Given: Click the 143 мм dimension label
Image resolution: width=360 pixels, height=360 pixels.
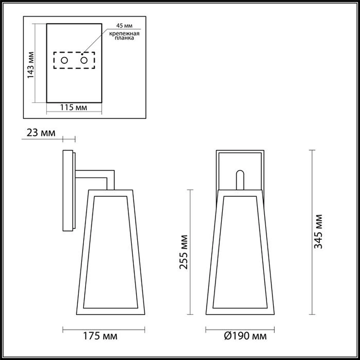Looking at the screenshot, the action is pyautogui.click(x=31, y=65).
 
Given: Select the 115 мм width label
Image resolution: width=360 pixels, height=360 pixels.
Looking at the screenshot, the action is pyautogui.click(x=73, y=107).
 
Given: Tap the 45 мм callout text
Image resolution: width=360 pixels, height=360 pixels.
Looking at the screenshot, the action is pyautogui.click(x=124, y=26).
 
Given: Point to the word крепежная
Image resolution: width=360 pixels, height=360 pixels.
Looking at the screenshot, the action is pyautogui.click(x=124, y=34).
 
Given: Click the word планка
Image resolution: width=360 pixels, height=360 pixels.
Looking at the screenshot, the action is pyautogui.click(x=124, y=38).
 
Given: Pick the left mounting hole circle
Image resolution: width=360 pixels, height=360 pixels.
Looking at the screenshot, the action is pyautogui.click(x=64, y=60).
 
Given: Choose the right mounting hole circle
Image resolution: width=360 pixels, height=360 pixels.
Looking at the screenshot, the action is pyautogui.click(x=84, y=60).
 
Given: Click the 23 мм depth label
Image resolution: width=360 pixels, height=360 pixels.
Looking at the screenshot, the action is pyautogui.click(x=41, y=132).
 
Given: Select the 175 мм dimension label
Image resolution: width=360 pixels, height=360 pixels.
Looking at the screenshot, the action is pyautogui.click(x=100, y=336).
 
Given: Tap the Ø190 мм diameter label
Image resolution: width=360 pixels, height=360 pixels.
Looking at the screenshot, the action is pyautogui.click(x=245, y=336).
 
